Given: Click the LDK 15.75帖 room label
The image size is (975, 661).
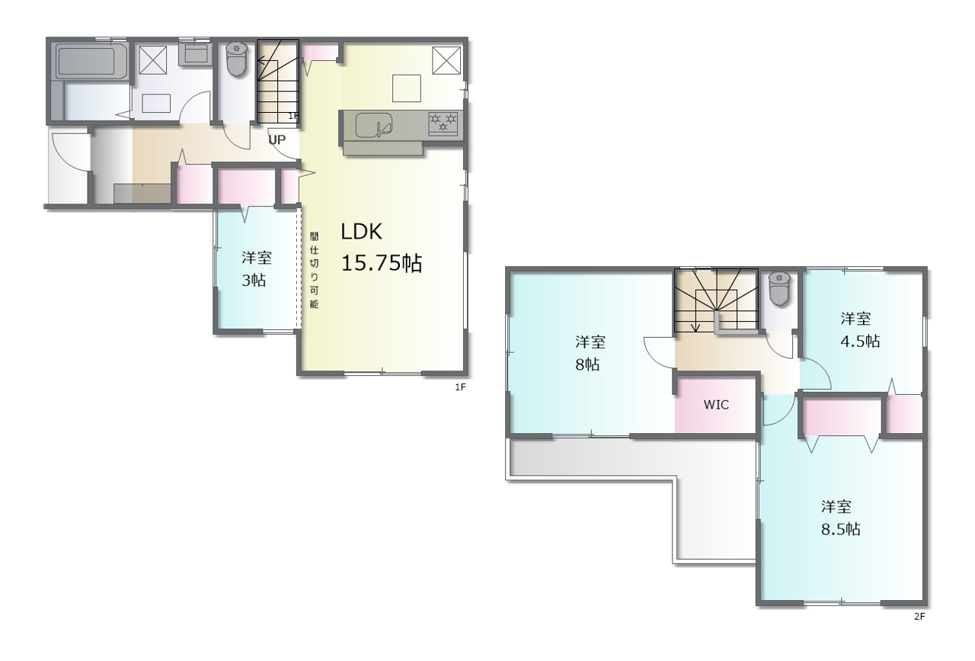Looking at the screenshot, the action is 382,247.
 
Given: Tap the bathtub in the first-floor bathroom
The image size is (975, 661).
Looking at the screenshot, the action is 91,61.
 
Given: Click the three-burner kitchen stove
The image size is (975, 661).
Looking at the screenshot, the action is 443,124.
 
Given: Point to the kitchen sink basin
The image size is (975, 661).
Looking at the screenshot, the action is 374,125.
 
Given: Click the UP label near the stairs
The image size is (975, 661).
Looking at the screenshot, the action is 277,140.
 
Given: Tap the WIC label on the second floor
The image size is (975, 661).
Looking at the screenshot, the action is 716,405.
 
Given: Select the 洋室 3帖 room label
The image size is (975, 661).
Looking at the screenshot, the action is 256,269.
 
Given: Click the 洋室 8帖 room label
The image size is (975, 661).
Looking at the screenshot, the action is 590,353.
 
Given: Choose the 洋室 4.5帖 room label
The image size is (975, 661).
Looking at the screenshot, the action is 859,330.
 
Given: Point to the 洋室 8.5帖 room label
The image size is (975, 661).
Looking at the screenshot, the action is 840,518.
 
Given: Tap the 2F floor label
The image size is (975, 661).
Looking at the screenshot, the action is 919,617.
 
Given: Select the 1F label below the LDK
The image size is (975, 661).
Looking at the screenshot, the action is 461,387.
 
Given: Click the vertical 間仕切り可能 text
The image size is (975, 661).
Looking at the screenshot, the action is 314,270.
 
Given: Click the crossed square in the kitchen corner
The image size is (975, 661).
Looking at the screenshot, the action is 446,60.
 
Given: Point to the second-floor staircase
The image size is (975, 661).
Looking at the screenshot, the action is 716,300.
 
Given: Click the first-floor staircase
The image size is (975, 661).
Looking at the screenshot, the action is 278,82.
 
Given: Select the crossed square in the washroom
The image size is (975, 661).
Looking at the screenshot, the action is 153,59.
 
